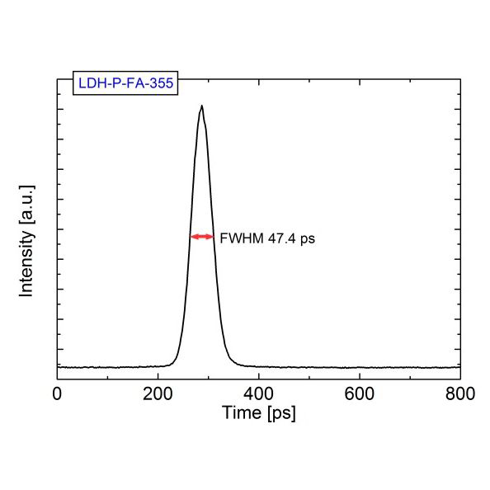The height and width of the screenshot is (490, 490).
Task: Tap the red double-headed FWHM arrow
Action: (202, 237)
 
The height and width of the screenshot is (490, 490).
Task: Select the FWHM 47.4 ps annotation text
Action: (267, 238)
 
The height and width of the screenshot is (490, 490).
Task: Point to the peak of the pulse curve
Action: (201, 106)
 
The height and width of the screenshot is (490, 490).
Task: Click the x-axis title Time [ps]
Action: (258, 412)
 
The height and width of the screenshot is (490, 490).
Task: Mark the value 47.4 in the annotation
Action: (278, 238)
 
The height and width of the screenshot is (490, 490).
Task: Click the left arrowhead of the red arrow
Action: (193, 237)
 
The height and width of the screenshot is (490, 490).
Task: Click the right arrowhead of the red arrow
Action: (211, 237)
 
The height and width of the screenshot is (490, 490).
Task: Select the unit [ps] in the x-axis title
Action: (280, 412)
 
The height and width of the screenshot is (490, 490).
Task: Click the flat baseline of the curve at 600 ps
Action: (359, 367)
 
